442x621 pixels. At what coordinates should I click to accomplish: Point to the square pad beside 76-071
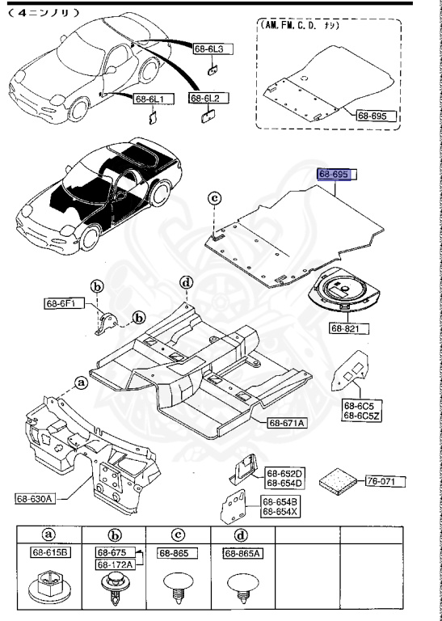(x=338, y=481)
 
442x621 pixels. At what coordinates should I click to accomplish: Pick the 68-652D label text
(x=284, y=473)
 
